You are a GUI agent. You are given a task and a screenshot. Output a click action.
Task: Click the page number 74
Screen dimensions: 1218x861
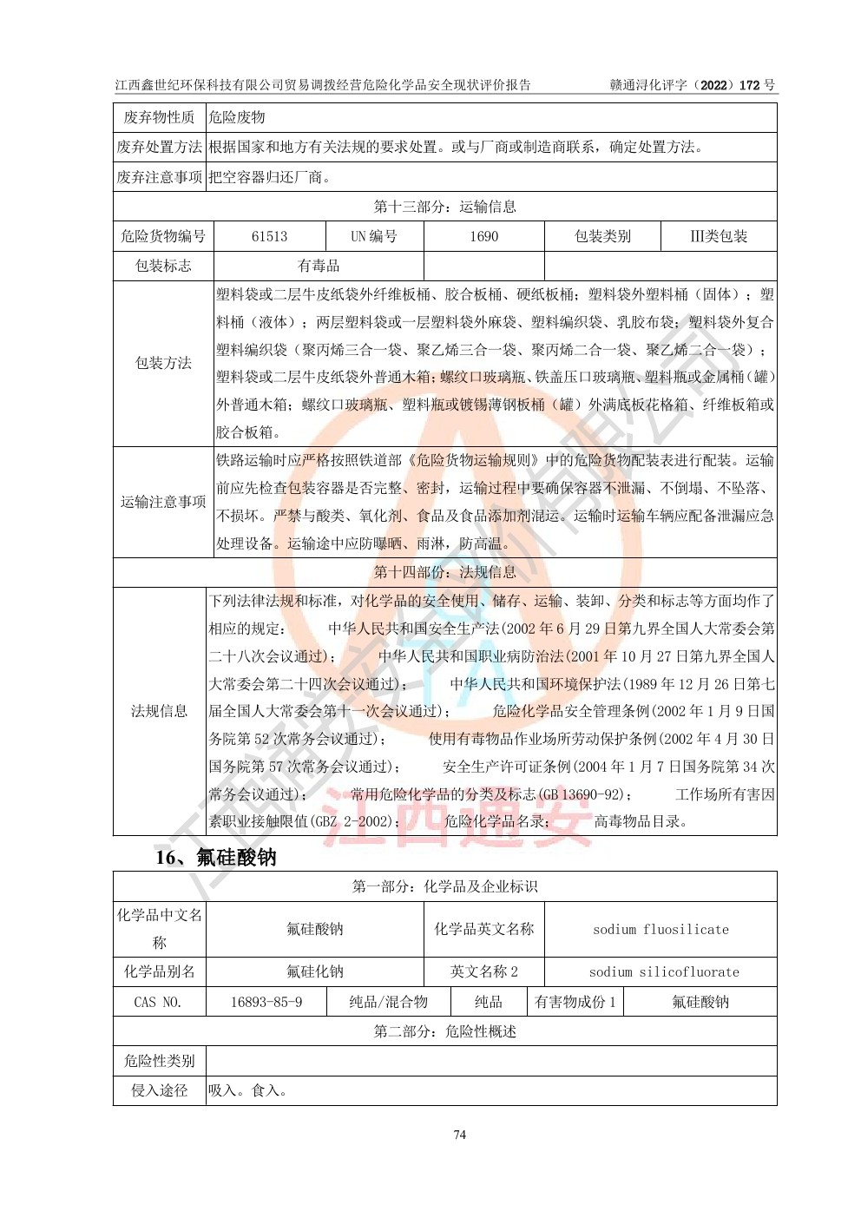coord(460,1135)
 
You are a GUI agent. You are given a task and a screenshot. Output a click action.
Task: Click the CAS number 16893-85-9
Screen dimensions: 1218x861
coord(266,1002)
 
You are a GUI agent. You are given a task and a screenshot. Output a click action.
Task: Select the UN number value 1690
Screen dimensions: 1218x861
coord(483,236)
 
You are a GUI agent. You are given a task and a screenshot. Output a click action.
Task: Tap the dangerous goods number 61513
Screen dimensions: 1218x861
coord(269,236)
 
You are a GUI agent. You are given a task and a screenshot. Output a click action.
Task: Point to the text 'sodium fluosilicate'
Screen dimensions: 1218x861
coord(661,929)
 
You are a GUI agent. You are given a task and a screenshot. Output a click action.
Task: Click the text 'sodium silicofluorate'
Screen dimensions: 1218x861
coord(664,971)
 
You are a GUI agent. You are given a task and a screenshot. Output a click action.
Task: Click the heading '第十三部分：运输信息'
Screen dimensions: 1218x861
coord(444,207)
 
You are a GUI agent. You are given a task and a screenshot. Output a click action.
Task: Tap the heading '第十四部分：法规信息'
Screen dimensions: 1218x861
coord(444,572)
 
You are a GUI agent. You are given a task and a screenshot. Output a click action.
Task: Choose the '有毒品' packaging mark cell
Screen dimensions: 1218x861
coord(319,266)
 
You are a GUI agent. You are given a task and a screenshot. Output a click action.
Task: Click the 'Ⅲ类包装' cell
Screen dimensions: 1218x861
coord(718,236)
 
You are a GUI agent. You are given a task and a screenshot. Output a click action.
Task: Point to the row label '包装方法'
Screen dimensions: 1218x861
coord(163,363)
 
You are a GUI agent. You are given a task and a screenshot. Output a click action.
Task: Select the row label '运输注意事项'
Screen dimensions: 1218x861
coord(163,502)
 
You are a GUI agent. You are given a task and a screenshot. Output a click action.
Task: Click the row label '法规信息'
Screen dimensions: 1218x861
coord(159,711)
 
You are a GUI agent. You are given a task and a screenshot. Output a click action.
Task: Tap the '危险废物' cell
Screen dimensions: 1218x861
coord(237,117)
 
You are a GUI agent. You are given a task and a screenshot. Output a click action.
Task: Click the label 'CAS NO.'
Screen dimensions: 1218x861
coord(158,1002)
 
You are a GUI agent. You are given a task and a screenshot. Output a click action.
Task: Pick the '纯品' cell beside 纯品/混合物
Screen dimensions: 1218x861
coord(488,1002)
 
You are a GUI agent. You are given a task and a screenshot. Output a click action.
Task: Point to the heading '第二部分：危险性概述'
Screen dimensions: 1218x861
coord(444,1031)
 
